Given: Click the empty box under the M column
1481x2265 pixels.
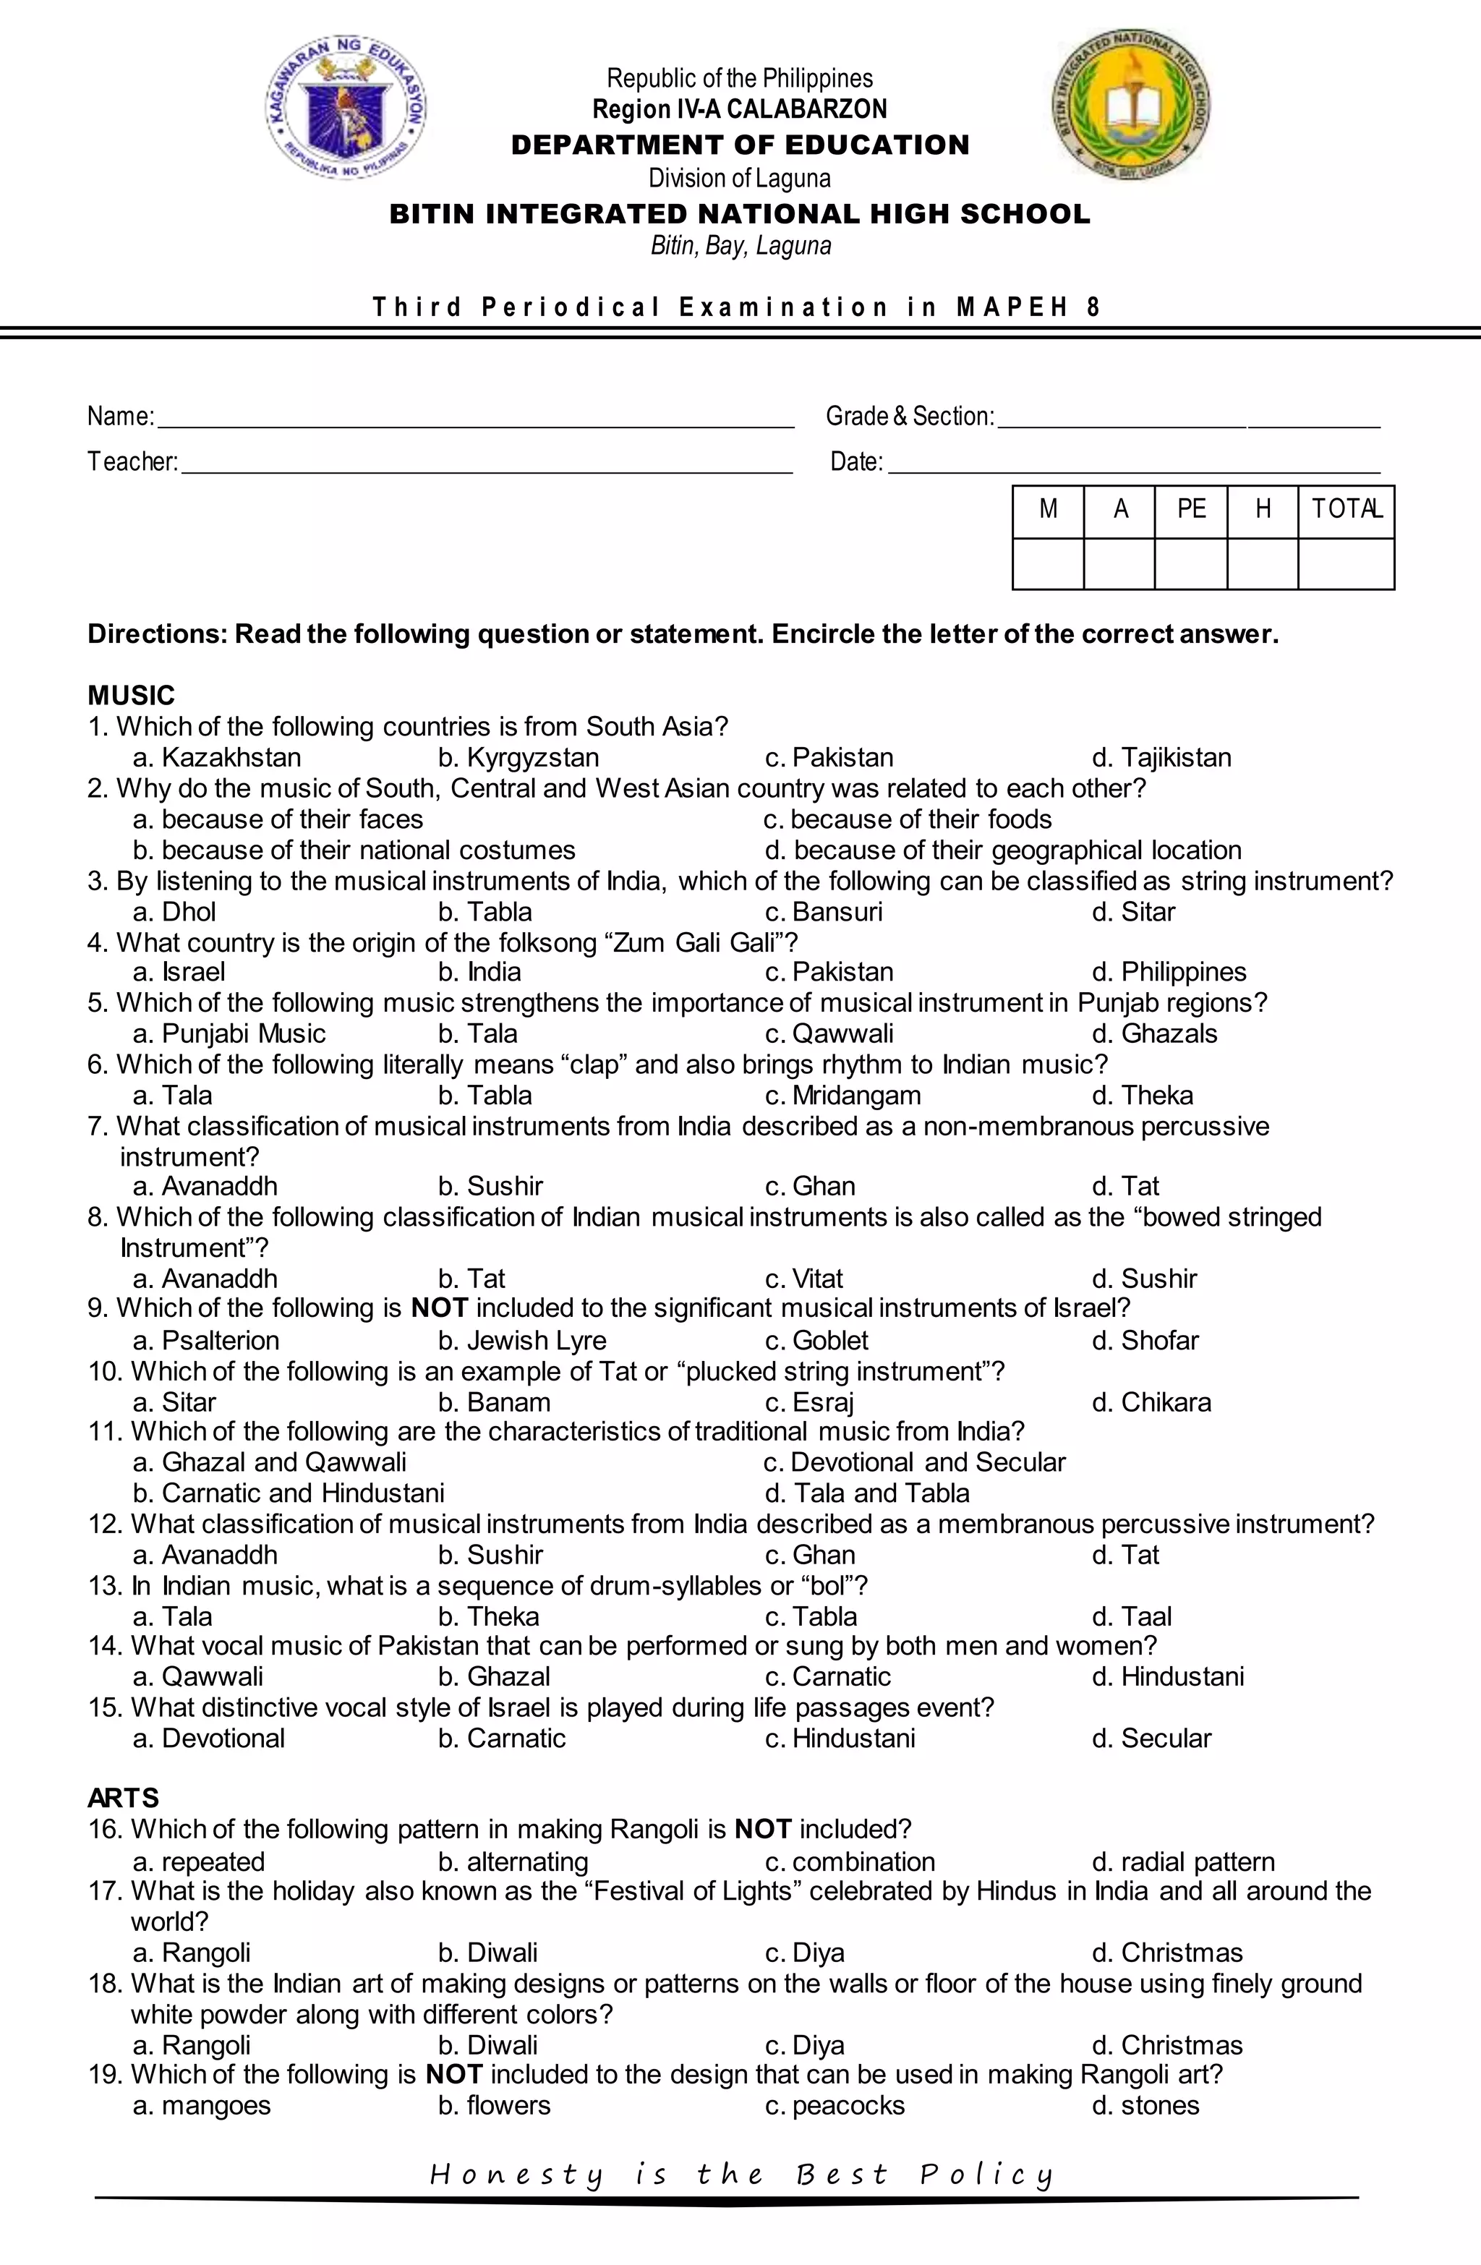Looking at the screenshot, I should tap(1048, 563).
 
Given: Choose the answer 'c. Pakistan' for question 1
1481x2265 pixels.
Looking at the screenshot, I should tap(829, 758).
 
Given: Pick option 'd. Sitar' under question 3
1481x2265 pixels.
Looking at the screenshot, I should tap(1134, 912).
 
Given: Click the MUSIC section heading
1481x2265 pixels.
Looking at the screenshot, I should tap(132, 695).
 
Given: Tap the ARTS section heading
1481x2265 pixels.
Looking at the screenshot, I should tap(123, 1798).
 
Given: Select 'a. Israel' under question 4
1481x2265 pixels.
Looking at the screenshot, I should tap(180, 972).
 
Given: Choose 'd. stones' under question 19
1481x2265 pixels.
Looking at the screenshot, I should tap(1146, 2105).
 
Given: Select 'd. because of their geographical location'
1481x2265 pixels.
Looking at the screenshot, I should tap(1003, 850).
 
